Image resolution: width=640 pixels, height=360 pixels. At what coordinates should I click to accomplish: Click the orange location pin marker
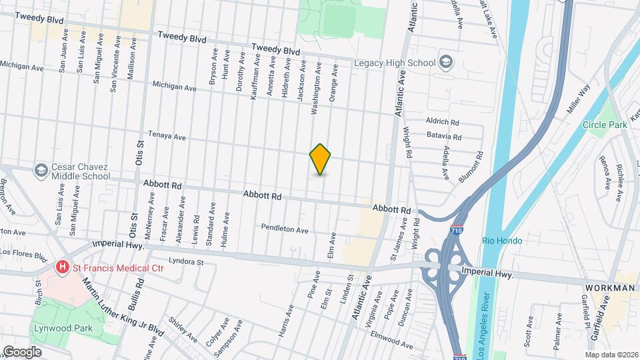pyautogui.click(x=321, y=159)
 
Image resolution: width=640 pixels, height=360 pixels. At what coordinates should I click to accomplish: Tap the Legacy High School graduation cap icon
pyautogui.click(x=446, y=63)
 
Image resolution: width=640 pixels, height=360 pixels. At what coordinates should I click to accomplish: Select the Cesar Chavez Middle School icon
pyautogui.click(x=41, y=169)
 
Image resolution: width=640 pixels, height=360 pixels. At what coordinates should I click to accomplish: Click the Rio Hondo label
pyautogui.click(x=502, y=241)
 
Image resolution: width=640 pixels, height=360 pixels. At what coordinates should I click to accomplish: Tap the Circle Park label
pyautogui.click(x=605, y=125)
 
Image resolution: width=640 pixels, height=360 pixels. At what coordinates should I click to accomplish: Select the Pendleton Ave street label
pyautogui.click(x=285, y=229)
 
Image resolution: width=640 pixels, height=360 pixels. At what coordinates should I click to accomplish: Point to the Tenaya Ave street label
pyautogui.click(x=167, y=136)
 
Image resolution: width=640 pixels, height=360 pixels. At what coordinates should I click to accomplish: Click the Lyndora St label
pyautogui.click(x=186, y=262)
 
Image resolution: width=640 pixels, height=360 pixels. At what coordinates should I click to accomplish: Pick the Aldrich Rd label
pyautogui.click(x=443, y=122)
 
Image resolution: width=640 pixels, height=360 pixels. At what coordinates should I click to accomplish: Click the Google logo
pyautogui.click(x=22, y=351)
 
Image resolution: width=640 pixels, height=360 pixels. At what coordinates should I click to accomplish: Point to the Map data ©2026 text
pyautogui.click(x=611, y=355)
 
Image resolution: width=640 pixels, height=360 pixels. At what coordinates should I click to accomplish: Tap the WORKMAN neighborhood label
pyautogui.click(x=610, y=288)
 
